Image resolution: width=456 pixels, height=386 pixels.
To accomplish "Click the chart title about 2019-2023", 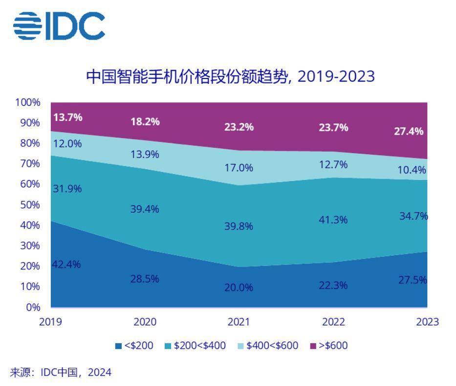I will (230, 77).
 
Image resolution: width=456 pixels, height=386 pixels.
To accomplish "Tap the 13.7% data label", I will (68, 117).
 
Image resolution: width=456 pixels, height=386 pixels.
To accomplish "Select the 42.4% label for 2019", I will (66, 264).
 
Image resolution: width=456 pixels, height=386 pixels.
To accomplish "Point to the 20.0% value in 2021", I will (239, 287).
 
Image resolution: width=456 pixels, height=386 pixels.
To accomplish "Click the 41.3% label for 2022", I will (333, 220).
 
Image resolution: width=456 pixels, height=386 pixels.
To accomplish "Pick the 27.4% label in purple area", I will (409, 131).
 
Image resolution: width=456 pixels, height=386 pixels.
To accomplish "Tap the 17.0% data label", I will (239, 168).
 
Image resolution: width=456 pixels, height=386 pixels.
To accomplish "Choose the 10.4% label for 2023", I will (412, 170).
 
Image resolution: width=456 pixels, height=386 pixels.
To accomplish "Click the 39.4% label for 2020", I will (145, 209).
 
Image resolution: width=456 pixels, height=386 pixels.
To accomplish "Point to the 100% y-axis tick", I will (27, 102).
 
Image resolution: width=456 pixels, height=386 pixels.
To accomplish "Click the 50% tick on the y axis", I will (30, 205).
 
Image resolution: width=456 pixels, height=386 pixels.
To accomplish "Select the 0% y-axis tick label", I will (32, 307).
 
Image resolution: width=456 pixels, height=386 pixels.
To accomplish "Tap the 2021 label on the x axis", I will (239, 322).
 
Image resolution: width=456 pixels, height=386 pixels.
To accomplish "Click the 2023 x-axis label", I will (427, 322).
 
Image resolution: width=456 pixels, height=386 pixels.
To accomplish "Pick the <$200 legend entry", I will (134, 346).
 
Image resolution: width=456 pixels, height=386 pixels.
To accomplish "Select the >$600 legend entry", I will (329, 346).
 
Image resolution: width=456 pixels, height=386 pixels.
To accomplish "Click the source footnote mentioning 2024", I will (61, 373).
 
